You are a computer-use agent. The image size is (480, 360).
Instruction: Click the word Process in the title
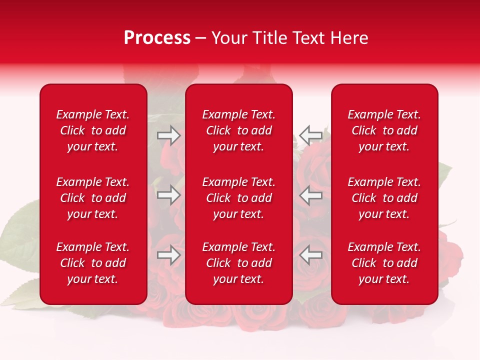pos(157,38)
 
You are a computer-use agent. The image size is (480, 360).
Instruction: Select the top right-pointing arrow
pos(169,135)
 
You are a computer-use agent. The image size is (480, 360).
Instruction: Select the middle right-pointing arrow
pos(169,195)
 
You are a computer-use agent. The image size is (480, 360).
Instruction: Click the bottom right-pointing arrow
pos(169,255)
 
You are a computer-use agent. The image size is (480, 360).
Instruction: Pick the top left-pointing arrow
pos(310,135)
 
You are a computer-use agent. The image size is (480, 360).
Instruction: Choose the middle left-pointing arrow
pos(310,195)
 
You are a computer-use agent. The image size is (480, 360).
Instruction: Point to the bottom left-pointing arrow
pos(310,255)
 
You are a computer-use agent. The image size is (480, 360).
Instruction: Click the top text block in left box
pos(93,130)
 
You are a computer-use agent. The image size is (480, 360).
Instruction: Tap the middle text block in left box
pos(93,198)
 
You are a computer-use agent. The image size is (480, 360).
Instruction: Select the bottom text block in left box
pos(93,263)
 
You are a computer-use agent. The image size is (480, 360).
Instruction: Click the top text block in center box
pos(238,130)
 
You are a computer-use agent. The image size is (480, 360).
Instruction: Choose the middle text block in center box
pos(238,198)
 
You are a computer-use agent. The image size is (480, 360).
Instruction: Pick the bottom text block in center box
pos(238,263)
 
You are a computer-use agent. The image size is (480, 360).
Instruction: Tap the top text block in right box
pos(384,130)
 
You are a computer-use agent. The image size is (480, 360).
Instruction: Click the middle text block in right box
pos(384,198)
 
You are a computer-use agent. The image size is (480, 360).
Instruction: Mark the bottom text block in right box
pos(384,263)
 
